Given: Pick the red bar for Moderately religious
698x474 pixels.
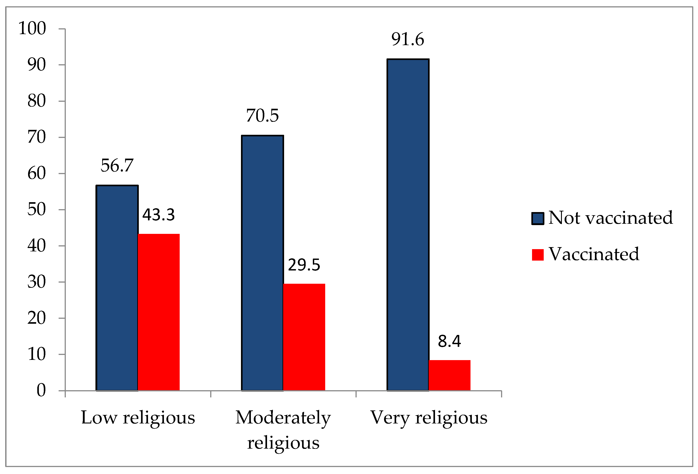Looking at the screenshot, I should click(x=304, y=337).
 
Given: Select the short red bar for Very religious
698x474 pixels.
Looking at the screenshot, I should click(x=449, y=375).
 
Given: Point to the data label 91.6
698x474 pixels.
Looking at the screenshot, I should click(x=408, y=39).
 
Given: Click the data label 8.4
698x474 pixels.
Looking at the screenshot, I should click(x=449, y=341).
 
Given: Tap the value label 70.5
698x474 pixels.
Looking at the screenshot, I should click(x=262, y=116).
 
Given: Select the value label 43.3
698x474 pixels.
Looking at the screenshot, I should click(x=159, y=215).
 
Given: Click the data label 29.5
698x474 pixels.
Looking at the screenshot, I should click(x=304, y=265).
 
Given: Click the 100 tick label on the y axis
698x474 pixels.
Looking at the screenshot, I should click(x=32, y=29).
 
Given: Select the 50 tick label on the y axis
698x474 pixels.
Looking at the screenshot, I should click(x=36, y=209).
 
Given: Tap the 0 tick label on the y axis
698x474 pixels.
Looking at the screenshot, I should click(x=41, y=390).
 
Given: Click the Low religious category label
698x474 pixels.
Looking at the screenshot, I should click(x=138, y=418).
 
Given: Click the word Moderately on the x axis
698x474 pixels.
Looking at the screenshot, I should click(x=283, y=418).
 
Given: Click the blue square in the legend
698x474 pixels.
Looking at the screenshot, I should click(x=538, y=218).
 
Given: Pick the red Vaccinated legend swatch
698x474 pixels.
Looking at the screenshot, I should click(x=538, y=255).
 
